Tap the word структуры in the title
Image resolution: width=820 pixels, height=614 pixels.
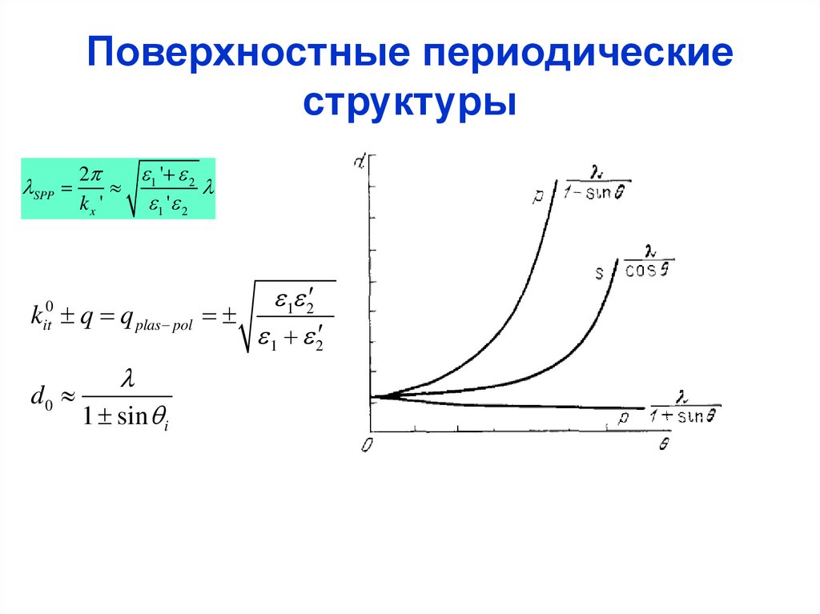click(409, 102)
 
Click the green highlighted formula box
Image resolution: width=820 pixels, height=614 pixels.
click(118, 189)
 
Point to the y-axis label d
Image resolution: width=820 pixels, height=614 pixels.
click(362, 161)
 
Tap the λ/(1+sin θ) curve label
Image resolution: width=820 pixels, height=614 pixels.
click(685, 407)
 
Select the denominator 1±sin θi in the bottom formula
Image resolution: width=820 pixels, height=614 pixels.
click(127, 419)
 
